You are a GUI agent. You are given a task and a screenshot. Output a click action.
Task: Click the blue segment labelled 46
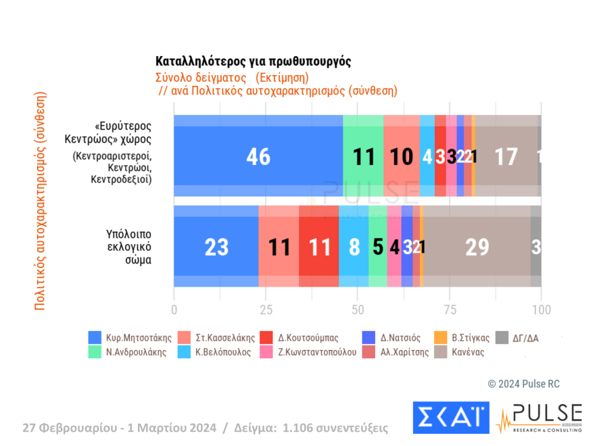pyautogui.click(x=258, y=156)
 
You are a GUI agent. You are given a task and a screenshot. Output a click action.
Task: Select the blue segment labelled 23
pyautogui.click(x=216, y=247)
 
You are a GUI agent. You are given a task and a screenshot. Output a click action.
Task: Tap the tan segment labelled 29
pyautogui.click(x=477, y=247)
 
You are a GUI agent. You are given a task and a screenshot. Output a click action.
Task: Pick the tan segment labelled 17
pyautogui.click(x=506, y=156)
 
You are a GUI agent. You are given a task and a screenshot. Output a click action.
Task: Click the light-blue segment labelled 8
pyautogui.click(x=354, y=247)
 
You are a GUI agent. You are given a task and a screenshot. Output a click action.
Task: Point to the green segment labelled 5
pyautogui.click(x=378, y=247)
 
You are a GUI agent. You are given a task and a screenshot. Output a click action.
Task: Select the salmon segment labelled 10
pyautogui.click(x=402, y=156)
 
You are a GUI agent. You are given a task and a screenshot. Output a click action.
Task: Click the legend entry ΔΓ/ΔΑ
pyautogui.click(x=524, y=337)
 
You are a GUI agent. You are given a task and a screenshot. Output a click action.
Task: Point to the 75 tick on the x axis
pyautogui.click(x=449, y=310)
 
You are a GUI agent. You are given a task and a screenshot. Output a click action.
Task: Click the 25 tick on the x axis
pyautogui.click(x=266, y=310)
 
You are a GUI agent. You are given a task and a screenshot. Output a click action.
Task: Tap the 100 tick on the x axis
pyautogui.click(x=541, y=310)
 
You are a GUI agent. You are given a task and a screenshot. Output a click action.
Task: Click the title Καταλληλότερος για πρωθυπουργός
pyautogui.click(x=254, y=61)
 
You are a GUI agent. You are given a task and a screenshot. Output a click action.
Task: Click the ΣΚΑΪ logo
pyautogui.click(x=451, y=418)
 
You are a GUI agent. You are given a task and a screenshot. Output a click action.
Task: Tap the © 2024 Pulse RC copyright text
pyautogui.click(x=524, y=384)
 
